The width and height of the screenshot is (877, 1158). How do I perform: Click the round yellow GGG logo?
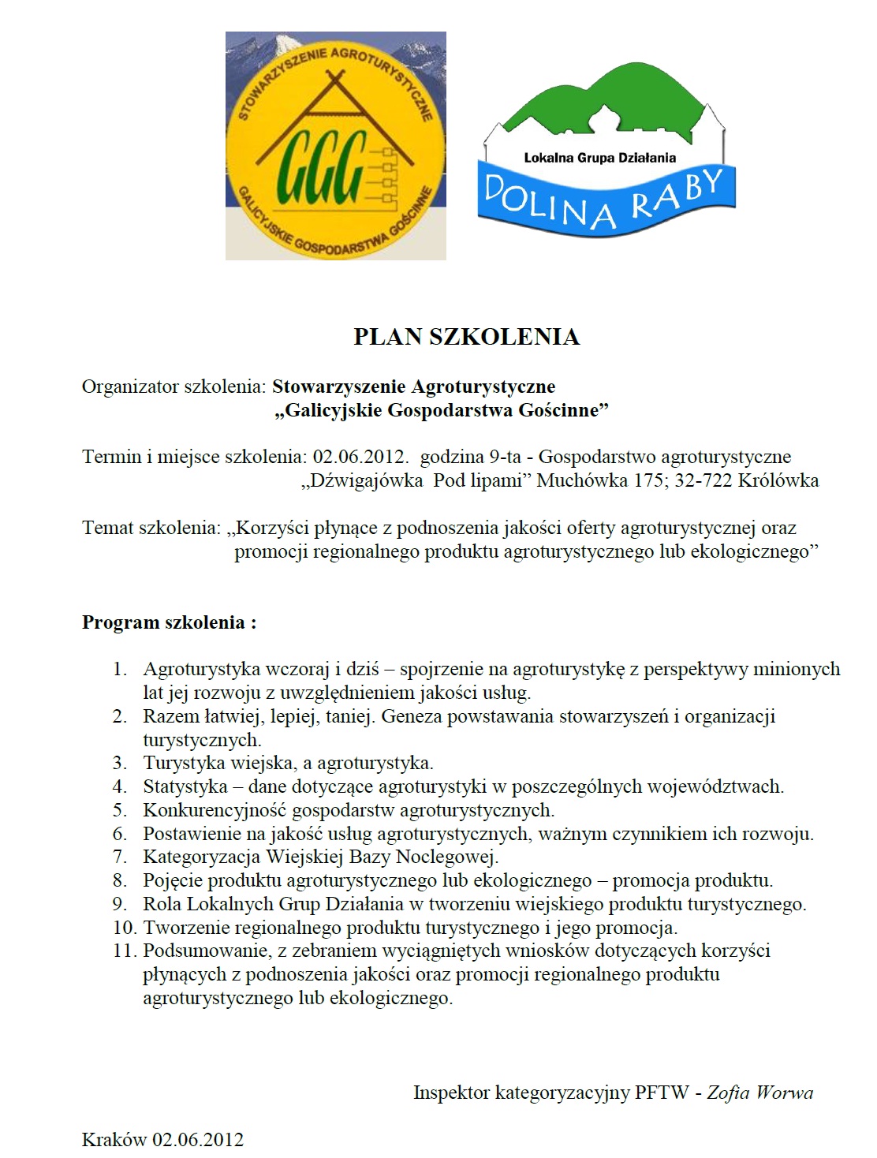[336, 147]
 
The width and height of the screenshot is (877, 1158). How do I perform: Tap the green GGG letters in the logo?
[323, 167]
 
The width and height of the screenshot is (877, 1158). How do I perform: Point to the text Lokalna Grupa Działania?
[599, 158]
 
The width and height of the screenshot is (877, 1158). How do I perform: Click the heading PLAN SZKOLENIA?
[466, 337]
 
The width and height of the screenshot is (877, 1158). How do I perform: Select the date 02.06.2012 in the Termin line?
[360, 457]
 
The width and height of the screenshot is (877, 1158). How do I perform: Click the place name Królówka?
[778, 480]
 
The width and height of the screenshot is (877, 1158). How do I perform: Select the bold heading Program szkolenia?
[169, 622]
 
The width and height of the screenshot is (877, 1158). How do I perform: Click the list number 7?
[120, 857]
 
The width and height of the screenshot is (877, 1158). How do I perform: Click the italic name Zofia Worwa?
[759, 1093]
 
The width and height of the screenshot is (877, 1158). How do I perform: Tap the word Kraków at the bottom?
[114, 1140]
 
